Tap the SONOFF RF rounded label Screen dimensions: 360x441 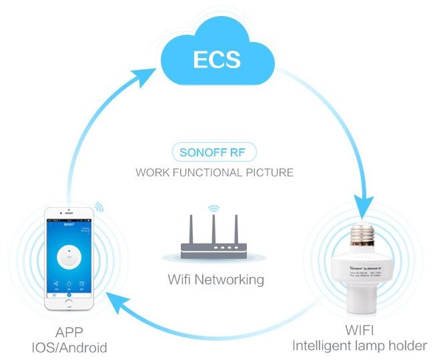click(x=214, y=152)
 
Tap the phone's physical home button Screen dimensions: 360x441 click(x=68, y=303)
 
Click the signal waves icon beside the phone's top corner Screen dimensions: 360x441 click(x=98, y=206)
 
